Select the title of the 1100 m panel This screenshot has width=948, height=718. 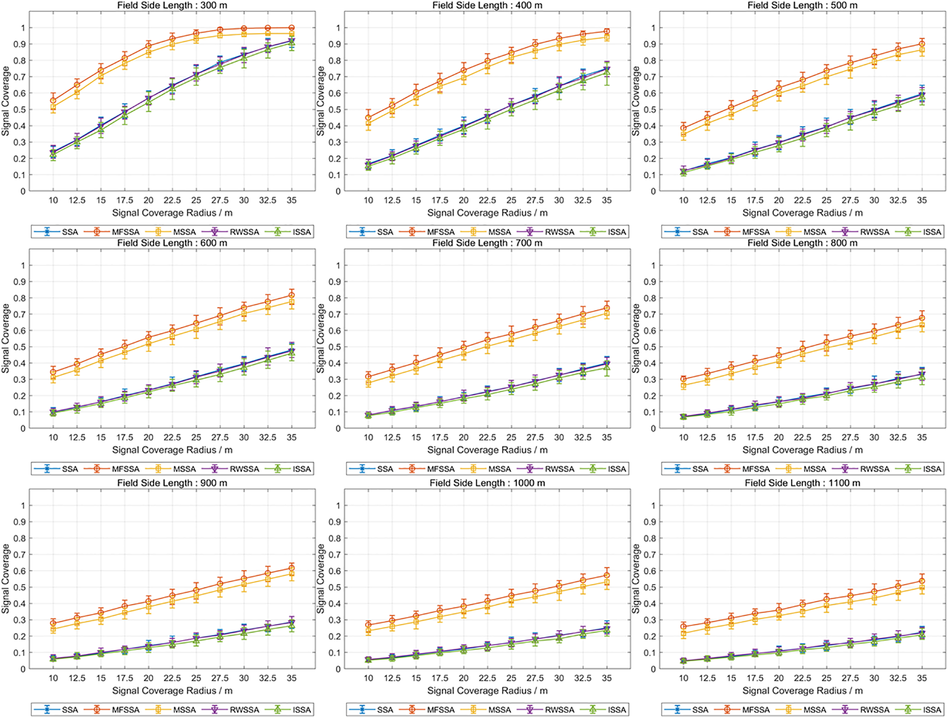pos(802,483)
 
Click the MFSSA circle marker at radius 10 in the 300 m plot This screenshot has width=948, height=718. pos(53,101)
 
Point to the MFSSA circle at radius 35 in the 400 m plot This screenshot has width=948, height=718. pos(607,31)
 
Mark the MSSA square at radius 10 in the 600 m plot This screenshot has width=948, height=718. pos(53,377)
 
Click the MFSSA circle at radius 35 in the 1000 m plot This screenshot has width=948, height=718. pos(607,575)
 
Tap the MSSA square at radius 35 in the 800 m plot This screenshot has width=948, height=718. pos(922,325)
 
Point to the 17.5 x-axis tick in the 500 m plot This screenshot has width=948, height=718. pos(754,200)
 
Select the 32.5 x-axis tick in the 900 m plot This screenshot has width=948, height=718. pos(267,678)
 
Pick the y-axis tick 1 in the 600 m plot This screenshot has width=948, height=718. pos(23,265)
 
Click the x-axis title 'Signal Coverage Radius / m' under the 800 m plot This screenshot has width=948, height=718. pos(802,450)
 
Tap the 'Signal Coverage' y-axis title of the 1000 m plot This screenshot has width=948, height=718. pos(320,579)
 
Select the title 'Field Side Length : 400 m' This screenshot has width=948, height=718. pos(487,5)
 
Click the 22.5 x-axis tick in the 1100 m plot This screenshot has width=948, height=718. pos(802,678)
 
